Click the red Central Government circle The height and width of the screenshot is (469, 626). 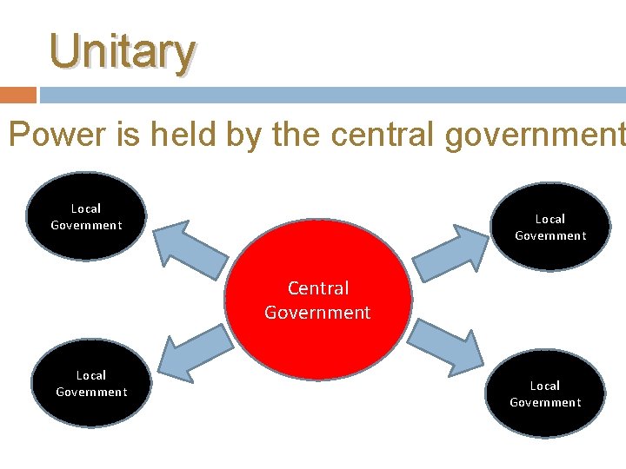point(318,299)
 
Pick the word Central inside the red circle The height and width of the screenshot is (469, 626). point(318,287)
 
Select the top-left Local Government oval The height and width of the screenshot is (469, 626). point(86,216)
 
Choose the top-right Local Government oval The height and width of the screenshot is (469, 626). point(550,227)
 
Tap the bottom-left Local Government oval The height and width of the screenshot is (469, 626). point(91,383)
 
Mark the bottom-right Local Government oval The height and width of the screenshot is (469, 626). point(545,393)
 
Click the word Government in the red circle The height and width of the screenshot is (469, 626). point(318,312)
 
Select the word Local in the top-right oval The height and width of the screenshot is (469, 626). point(550,219)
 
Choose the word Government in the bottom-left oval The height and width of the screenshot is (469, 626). point(91,392)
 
